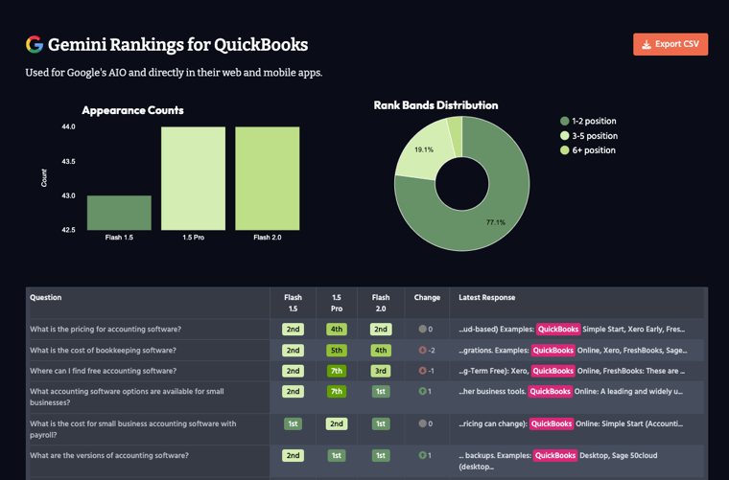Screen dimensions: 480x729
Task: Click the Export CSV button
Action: (x=670, y=44)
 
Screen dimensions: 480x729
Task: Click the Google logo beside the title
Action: (x=35, y=44)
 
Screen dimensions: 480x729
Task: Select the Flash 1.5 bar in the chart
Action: (x=119, y=213)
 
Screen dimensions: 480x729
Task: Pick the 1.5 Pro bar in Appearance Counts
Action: (x=193, y=178)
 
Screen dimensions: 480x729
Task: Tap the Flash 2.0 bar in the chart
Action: (x=267, y=178)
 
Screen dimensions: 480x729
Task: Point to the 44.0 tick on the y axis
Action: (x=68, y=127)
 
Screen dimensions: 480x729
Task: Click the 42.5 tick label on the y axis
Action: (x=68, y=230)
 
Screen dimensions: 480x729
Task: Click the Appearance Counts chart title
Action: (x=132, y=110)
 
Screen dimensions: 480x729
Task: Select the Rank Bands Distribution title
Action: (x=435, y=105)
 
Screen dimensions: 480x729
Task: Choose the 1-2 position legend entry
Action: (x=588, y=122)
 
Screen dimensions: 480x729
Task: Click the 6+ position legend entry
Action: (x=587, y=150)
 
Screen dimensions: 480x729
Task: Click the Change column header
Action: (x=427, y=298)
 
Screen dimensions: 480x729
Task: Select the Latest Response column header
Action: (x=487, y=298)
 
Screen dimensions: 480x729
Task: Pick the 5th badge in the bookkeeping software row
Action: (x=337, y=351)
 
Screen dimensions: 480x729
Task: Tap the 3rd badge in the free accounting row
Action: (x=381, y=371)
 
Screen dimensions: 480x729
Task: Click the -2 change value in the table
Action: (x=427, y=351)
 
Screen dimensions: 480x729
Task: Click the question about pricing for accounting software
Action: (x=106, y=330)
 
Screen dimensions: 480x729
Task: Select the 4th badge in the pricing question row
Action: (x=337, y=330)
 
